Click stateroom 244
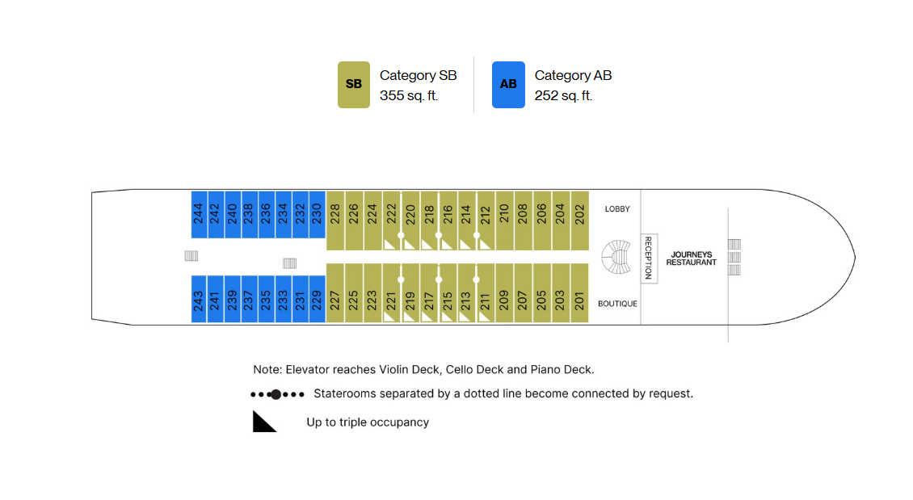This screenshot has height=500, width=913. [x=199, y=214]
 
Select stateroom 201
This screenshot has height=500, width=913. [x=579, y=292]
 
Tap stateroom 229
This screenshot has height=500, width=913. [x=318, y=299]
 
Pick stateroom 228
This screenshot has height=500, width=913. [x=335, y=221]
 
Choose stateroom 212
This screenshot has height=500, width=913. [x=486, y=221]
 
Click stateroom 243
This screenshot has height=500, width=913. [x=199, y=299]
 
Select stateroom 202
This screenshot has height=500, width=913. [x=580, y=221]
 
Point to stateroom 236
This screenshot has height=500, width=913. [x=267, y=214]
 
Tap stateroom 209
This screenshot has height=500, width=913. [x=504, y=292]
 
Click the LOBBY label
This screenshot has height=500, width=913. [x=617, y=209]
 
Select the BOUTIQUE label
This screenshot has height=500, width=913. [x=618, y=304]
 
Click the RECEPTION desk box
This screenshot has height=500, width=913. [x=650, y=258]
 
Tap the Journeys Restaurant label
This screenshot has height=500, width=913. [x=691, y=258]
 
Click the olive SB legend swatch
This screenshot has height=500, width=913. [x=354, y=85]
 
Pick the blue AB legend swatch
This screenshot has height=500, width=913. [x=508, y=85]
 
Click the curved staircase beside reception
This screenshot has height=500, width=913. [x=616, y=257]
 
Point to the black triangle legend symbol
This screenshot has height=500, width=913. [x=264, y=422]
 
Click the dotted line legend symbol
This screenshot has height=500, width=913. [x=277, y=394]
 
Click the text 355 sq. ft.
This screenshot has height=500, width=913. [x=409, y=95]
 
